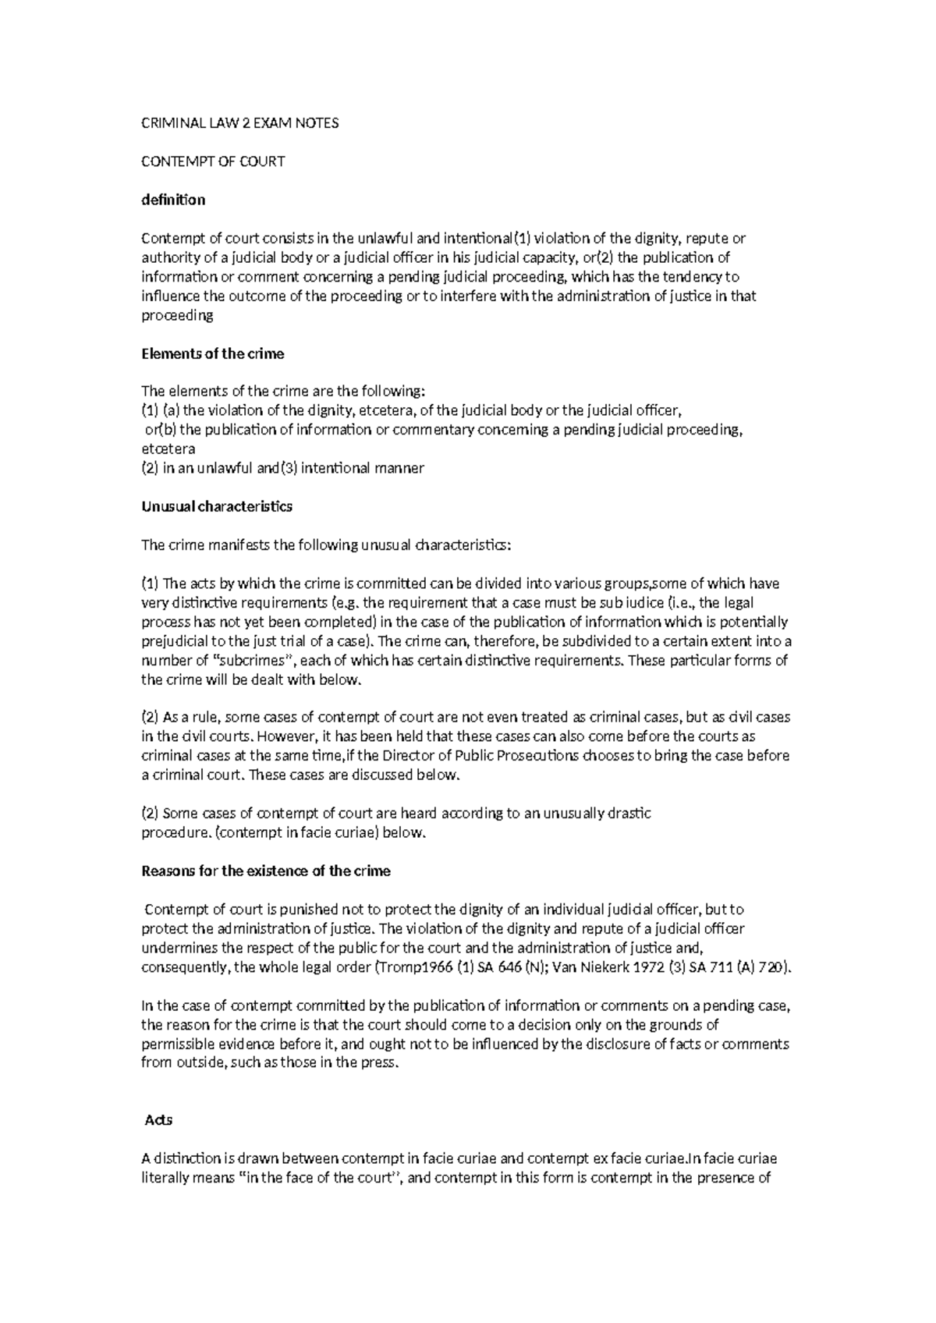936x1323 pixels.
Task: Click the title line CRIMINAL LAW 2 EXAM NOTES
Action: tap(239, 123)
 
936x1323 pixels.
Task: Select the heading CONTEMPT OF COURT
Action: tap(212, 161)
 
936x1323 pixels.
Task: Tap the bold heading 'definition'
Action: tap(172, 200)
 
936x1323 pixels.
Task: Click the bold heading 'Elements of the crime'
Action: tap(212, 353)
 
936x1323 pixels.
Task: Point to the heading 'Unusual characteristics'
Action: tap(216, 506)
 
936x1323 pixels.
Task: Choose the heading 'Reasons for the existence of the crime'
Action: tap(265, 871)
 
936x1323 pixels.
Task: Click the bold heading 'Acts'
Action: tap(158, 1120)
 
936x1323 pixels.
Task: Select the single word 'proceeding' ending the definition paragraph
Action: tap(176, 315)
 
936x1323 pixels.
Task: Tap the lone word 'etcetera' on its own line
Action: tap(168, 449)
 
